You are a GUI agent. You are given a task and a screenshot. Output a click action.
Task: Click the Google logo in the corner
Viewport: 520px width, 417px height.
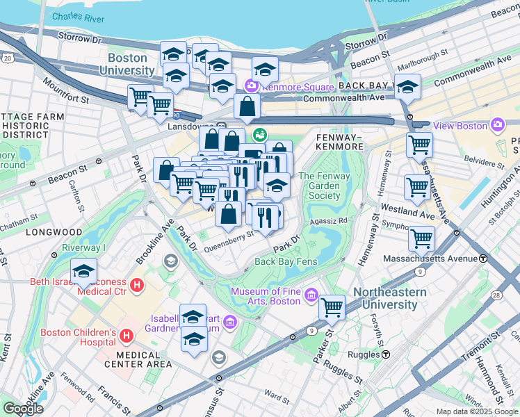[x=23, y=409]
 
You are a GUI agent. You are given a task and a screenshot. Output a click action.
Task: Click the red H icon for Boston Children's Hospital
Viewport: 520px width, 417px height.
[x=127, y=336]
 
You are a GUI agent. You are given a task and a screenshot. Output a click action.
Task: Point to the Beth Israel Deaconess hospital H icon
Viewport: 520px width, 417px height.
[x=137, y=284]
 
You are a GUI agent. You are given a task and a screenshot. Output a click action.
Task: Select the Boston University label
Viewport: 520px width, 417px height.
[x=127, y=64]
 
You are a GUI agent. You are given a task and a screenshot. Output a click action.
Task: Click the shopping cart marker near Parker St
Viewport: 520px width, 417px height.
[x=332, y=306]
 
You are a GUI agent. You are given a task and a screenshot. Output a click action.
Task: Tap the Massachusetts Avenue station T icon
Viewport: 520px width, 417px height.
[x=482, y=258]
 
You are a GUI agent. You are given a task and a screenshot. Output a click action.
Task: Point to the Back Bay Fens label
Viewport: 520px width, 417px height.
[x=286, y=261]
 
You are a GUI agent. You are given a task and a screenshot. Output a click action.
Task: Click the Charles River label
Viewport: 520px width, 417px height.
[x=78, y=17]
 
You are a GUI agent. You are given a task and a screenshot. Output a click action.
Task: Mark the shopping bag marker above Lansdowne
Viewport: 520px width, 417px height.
[x=247, y=107]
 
